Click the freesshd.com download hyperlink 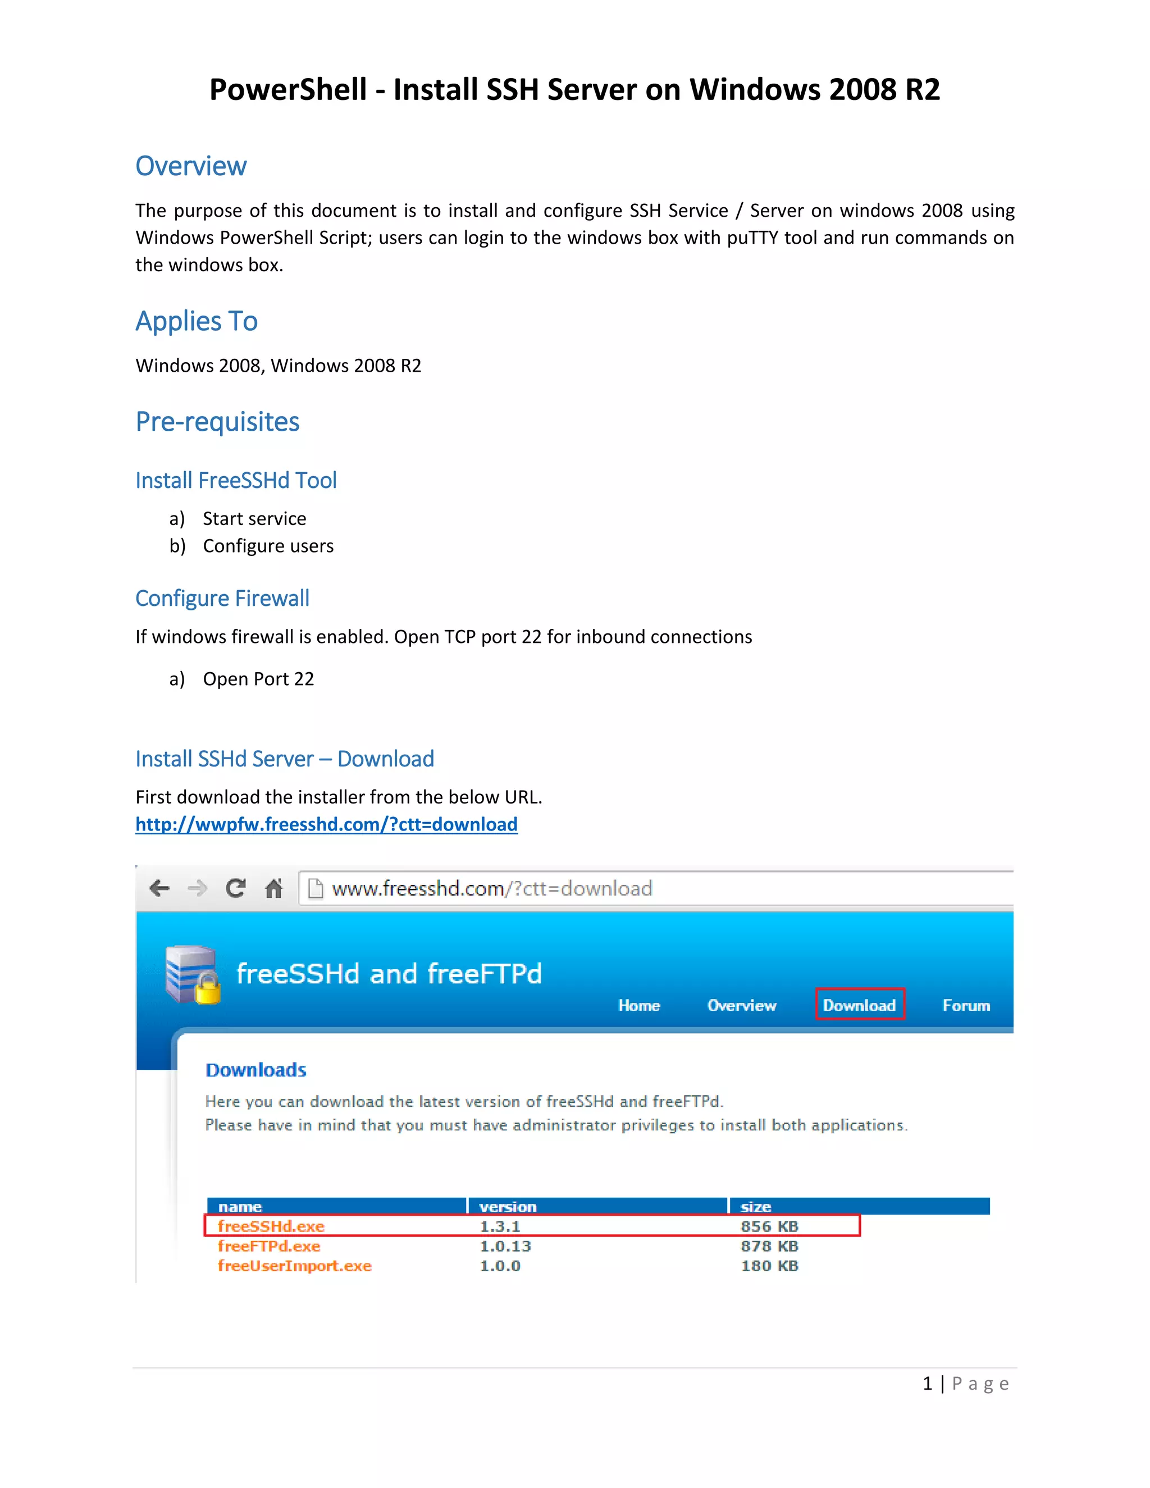pyautogui.click(x=326, y=824)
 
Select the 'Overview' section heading pyautogui.click(x=191, y=166)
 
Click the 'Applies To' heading pyautogui.click(x=196, y=321)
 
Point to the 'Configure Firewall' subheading pyautogui.click(x=222, y=598)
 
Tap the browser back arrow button pyautogui.click(x=159, y=888)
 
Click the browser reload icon pyautogui.click(x=236, y=888)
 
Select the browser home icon pyautogui.click(x=274, y=888)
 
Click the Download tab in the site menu pyautogui.click(x=859, y=1005)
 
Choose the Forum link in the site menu pyautogui.click(x=965, y=1006)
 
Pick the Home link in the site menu pyautogui.click(x=639, y=1006)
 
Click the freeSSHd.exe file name pyautogui.click(x=271, y=1226)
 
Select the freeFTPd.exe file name pyautogui.click(x=269, y=1246)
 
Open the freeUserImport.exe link pyautogui.click(x=294, y=1266)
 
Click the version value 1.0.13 pyautogui.click(x=505, y=1246)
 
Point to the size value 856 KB pyautogui.click(x=769, y=1226)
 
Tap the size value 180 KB pyautogui.click(x=769, y=1266)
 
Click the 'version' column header pyautogui.click(x=508, y=1207)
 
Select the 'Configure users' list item pyautogui.click(x=268, y=546)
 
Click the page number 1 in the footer pyautogui.click(x=927, y=1384)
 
